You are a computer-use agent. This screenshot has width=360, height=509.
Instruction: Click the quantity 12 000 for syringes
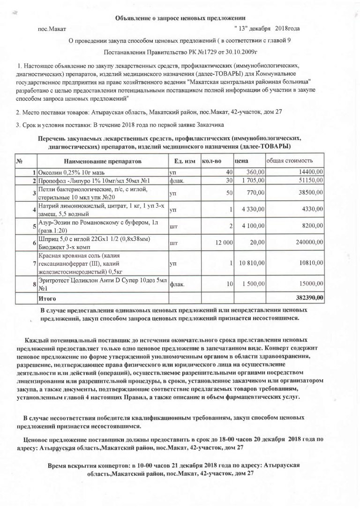pos(224,243)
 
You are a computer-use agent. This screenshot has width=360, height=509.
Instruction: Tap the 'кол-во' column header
pos(211,161)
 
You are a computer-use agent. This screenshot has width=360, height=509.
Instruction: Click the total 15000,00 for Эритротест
pos(309,284)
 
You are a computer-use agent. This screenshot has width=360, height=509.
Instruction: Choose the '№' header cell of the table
pos(20,161)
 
